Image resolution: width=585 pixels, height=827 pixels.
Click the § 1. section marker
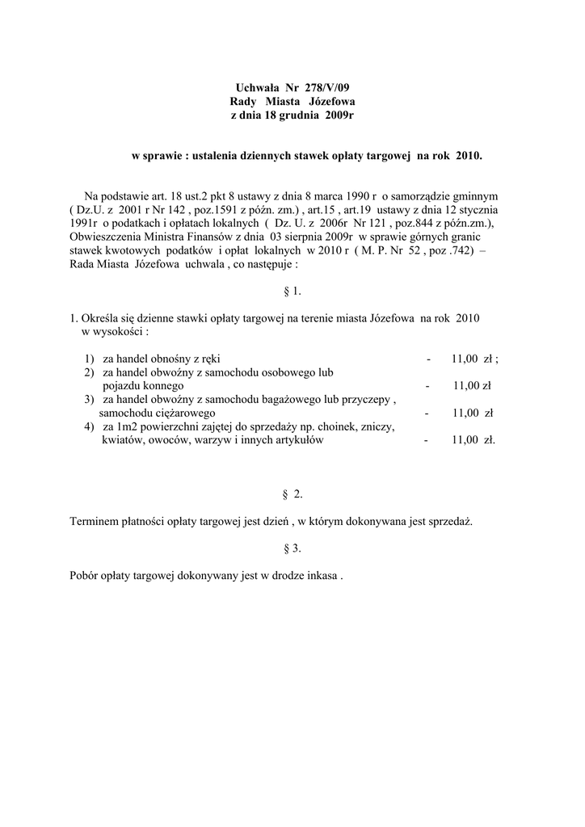coord(292,292)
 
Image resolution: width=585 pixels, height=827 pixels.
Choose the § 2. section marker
coord(292,493)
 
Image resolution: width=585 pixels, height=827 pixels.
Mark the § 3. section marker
coord(292,548)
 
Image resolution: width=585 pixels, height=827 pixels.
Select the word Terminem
coord(93,522)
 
